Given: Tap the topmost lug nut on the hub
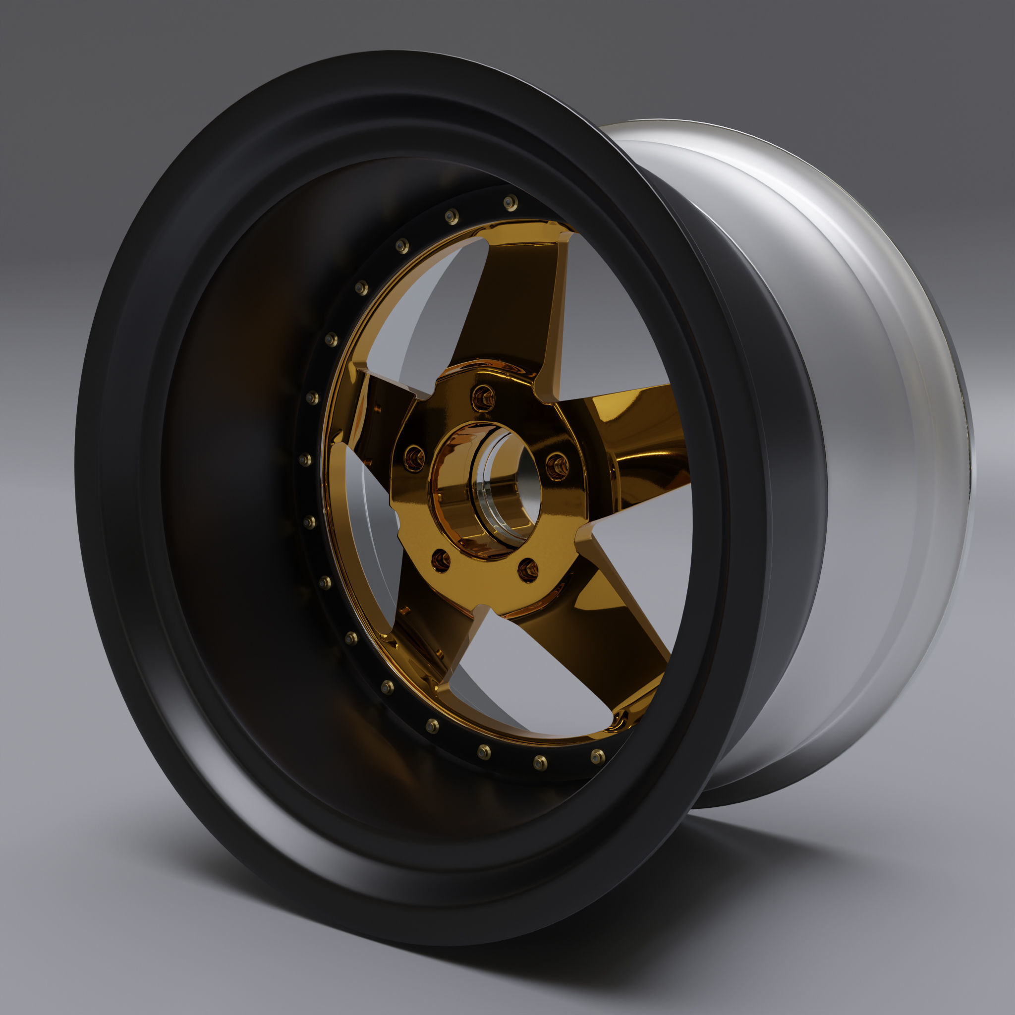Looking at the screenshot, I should coord(483,397).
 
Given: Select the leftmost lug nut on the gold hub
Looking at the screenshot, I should coord(414,458).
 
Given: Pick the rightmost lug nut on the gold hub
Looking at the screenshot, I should coord(558,465).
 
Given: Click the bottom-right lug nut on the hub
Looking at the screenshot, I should coord(527,570).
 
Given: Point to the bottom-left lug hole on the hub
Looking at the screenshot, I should coord(441,561).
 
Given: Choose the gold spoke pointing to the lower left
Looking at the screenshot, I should coord(426,630).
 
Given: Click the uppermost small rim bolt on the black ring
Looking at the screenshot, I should coord(510,203).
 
